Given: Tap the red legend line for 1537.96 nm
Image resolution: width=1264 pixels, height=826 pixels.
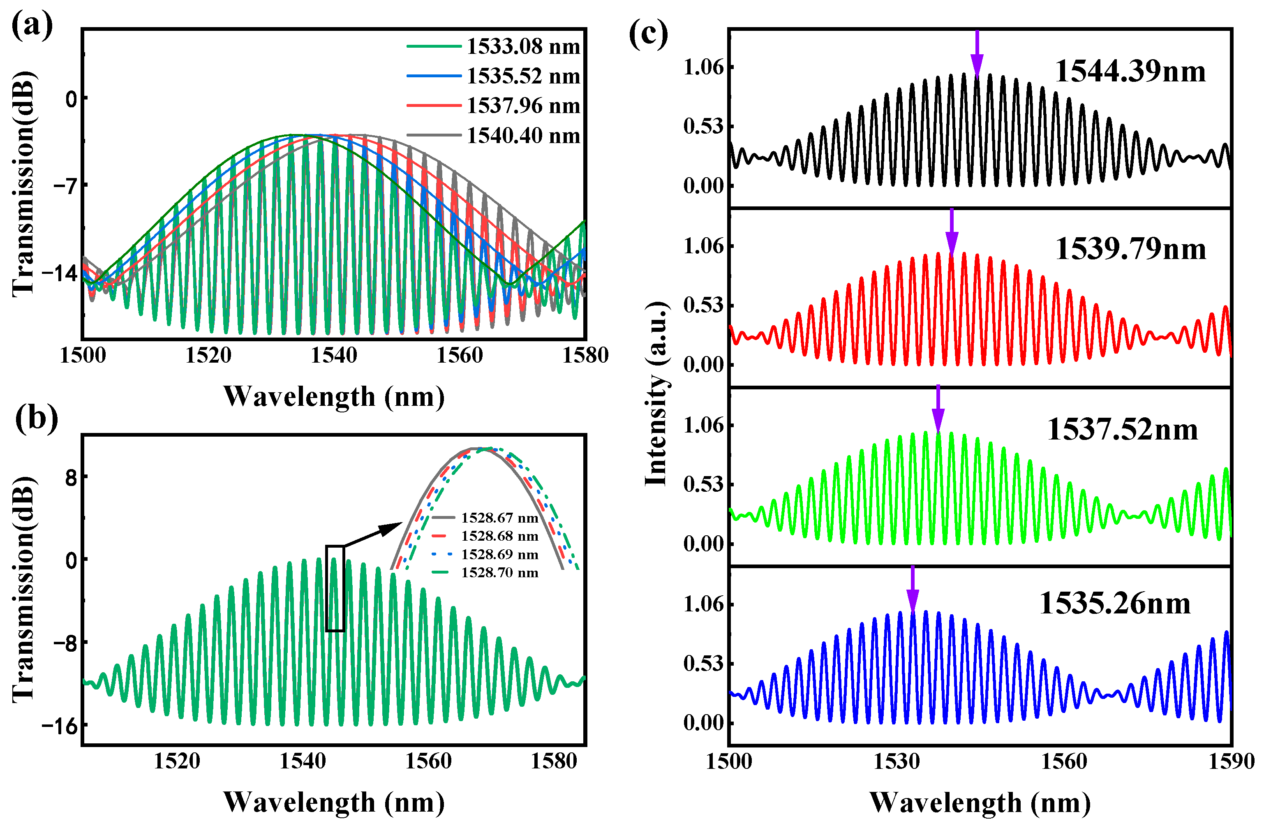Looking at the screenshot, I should [x=433, y=106].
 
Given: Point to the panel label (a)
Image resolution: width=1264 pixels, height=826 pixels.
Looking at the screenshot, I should [x=32, y=25].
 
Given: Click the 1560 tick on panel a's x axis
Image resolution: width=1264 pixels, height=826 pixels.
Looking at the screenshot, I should [x=460, y=355].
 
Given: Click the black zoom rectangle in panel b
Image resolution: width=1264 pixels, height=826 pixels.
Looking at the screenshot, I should [x=335, y=588].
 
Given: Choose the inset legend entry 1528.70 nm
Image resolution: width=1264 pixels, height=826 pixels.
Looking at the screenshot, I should [x=499, y=573].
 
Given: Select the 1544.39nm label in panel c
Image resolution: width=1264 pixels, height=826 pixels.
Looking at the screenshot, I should [x=1130, y=71].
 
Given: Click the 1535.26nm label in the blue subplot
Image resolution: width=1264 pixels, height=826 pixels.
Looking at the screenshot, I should [x=1115, y=604].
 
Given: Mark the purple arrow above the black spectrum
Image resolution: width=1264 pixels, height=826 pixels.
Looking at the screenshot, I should [x=977, y=53].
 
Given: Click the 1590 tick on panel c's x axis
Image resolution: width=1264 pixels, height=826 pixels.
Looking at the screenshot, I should [x=1232, y=761].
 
